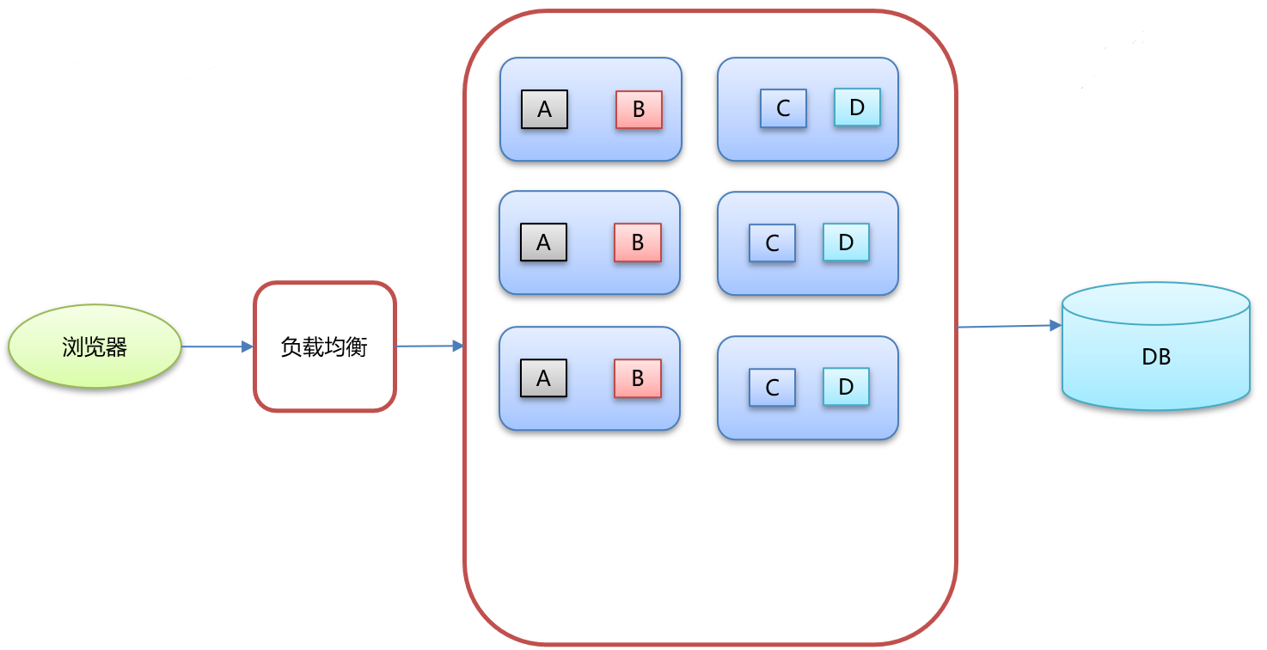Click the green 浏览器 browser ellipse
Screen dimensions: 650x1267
pos(95,346)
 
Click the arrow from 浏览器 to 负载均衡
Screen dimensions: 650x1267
pos(217,346)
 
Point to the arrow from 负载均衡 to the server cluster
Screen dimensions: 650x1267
pos(430,346)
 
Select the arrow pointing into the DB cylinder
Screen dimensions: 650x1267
pos(1010,327)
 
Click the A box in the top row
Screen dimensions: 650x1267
pos(544,109)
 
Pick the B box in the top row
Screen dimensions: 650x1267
pos(639,109)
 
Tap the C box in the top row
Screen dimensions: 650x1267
pos(783,108)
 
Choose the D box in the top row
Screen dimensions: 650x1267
pos(857,107)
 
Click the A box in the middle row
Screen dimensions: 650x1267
pos(543,242)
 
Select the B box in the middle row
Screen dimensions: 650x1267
pos(637,242)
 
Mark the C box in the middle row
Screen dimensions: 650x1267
pos(772,243)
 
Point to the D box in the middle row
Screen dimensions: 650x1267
pos(846,242)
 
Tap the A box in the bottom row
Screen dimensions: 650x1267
pos(543,378)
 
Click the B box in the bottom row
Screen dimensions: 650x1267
pos(637,378)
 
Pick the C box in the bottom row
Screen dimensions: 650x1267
pos(772,388)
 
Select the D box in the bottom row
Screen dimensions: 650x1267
pos(846,387)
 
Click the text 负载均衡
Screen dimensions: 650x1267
pos(325,347)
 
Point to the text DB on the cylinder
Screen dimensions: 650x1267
pos(1155,357)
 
